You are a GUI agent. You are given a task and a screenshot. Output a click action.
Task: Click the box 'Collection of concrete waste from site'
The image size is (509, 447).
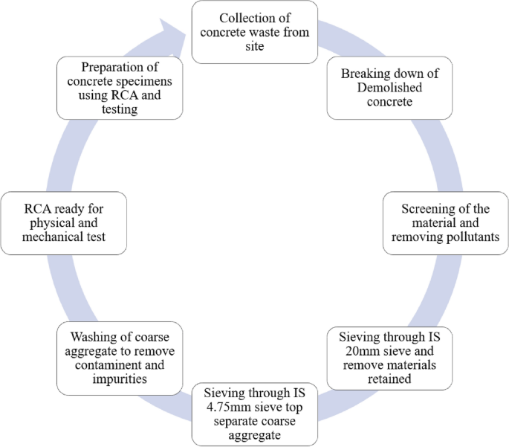click(254, 32)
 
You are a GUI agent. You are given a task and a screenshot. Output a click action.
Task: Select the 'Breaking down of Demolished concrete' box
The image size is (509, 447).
click(389, 88)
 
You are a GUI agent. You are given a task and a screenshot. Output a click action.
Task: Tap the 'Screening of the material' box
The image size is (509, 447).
click(445, 222)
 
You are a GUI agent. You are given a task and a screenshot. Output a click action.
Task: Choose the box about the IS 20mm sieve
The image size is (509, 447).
click(389, 358)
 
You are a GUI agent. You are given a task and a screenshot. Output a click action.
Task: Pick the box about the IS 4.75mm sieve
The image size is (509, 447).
click(254, 414)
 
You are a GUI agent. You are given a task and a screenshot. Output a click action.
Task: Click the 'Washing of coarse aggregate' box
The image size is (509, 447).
click(120, 358)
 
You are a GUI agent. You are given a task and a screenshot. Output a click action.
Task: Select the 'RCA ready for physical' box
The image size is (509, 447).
click(63, 222)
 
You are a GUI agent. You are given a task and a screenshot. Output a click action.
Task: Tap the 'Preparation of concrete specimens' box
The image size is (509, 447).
click(120, 88)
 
